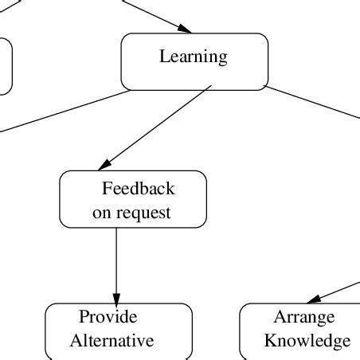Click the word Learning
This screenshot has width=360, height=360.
pyautogui.click(x=194, y=57)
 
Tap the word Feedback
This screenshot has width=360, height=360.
pyautogui.click(x=138, y=189)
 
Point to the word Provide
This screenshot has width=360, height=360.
pyautogui.click(x=108, y=317)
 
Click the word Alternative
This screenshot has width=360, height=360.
pyautogui.click(x=112, y=341)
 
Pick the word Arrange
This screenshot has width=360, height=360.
pyautogui.click(x=304, y=317)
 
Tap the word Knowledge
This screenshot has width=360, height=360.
pyautogui.click(x=307, y=341)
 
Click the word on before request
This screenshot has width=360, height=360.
pyautogui.click(x=102, y=213)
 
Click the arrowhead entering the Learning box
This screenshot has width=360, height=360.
pyautogui.click(x=184, y=29)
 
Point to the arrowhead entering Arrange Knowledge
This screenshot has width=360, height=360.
pyautogui.click(x=314, y=298)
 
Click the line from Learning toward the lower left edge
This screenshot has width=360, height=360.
pyautogui.click(x=64, y=110)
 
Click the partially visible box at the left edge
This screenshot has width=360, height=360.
pyautogui.click(x=5, y=67)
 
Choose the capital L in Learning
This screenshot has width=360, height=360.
pyautogui.click(x=164, y=57)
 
